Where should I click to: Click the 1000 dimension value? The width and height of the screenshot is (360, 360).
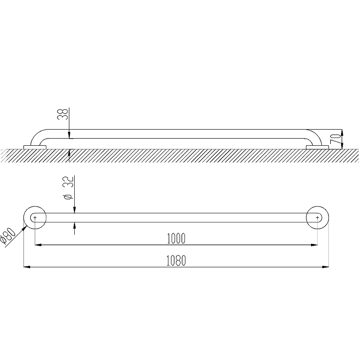(176, 238)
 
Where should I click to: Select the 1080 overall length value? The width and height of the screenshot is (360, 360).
(176, 261)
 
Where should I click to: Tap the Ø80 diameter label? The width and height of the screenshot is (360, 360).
(8, 236)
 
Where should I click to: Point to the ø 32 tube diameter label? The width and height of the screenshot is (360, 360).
(69, 187)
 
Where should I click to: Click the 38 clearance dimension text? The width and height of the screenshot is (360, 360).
(63, 114)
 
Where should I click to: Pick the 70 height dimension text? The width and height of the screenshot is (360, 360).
(335, 139)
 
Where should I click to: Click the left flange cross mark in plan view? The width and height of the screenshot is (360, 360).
(35, 217)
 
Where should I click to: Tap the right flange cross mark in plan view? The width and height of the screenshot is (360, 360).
(318, 217)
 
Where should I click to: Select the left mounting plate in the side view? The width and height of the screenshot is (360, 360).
(35, 147)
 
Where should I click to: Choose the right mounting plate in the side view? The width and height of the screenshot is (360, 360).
(318, 147)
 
